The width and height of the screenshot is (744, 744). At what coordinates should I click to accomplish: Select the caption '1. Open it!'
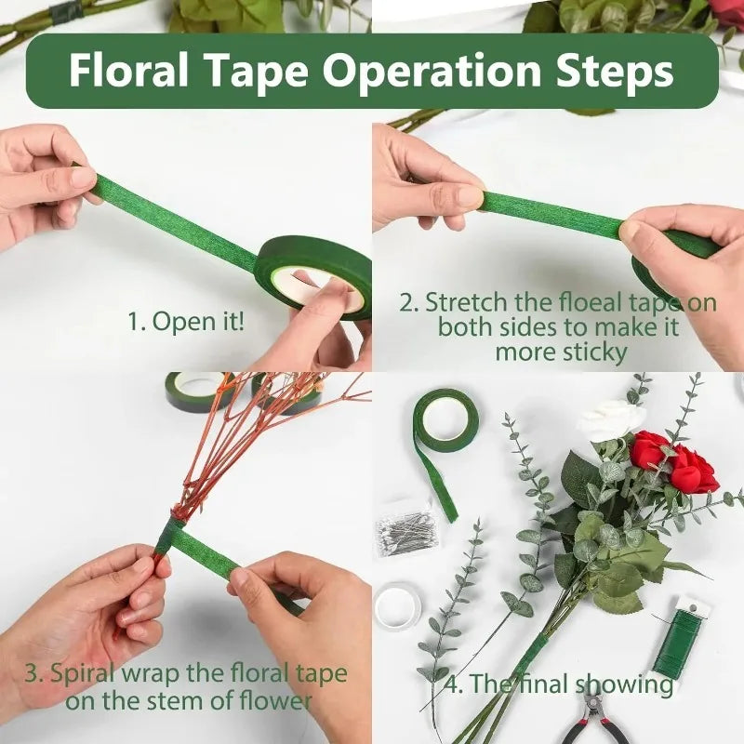[186, 322]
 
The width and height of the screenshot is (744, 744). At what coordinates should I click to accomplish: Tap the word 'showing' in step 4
[624, 684]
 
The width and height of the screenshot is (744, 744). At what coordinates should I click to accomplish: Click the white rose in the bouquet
[610, 419]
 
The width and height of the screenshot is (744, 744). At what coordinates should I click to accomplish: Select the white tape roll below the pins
[397, 604]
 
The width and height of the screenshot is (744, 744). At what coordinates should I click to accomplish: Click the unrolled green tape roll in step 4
[445, 422]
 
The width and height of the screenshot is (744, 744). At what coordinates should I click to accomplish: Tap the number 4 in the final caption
[453, 684]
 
